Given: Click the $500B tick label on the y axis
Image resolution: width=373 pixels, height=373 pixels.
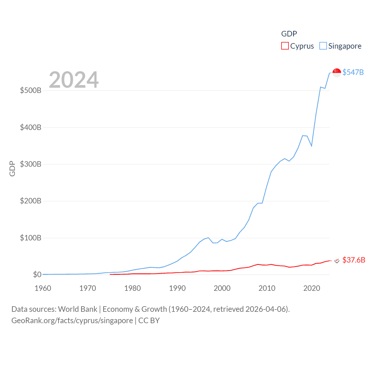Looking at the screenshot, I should pos(31,90).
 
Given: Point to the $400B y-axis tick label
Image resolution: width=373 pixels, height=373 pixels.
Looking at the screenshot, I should pos(31,127).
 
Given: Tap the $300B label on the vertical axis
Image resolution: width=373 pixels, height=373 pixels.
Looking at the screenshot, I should pos(31,164).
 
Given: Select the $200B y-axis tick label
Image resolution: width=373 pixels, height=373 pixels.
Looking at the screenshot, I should pos(31,201).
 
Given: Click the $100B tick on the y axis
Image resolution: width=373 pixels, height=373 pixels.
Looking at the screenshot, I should pos(31,238).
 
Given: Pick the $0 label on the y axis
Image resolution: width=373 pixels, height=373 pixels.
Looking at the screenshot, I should pos(37,275).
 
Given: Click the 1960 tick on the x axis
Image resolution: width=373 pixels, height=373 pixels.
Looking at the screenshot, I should pos(43,288).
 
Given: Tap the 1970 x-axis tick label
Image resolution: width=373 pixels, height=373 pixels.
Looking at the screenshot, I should pos(88,288).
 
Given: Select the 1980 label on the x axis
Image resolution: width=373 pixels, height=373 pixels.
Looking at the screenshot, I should pos(133,288).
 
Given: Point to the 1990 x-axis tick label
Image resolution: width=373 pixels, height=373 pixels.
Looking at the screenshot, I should pos(177,288).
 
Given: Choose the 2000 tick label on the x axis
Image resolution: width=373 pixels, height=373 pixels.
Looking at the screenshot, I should pos(222,288).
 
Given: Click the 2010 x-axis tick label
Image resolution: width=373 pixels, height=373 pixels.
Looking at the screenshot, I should pos(267,288).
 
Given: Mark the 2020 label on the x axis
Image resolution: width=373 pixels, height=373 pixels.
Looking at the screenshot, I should pos(312,288).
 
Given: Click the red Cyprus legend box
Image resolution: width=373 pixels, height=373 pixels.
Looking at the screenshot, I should pos(285,46).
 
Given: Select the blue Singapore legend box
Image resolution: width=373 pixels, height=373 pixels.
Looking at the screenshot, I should pos(323,46).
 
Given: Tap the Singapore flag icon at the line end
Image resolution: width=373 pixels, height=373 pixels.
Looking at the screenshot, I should pos(337,73).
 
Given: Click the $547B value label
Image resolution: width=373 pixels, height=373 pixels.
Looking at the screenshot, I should pos(353,72).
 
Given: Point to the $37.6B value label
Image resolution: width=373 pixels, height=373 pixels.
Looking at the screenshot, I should pos(354,260).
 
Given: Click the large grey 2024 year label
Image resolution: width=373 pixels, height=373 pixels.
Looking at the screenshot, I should pos(74,80).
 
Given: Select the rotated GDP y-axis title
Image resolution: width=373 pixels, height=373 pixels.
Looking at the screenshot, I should pos(12,168).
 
